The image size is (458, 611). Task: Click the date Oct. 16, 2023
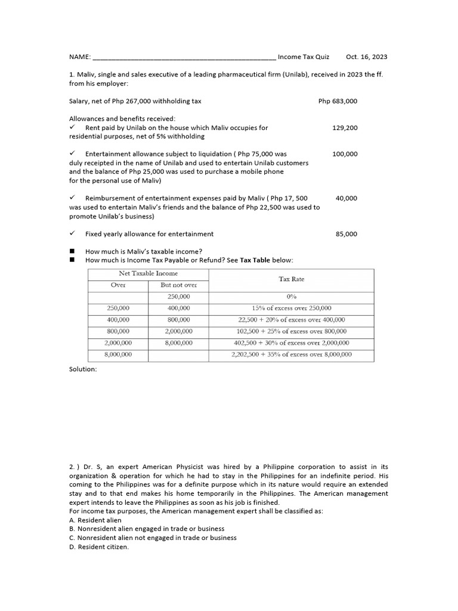pos(366,57)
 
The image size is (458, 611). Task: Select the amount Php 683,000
pos(338,101)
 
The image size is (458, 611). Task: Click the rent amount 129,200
pos(345,128)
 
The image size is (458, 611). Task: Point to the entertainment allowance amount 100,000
pos(345,154)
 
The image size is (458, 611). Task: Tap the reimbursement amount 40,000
pos(346,198)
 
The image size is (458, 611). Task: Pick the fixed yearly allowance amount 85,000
pos(346,234)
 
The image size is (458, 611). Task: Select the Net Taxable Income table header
pos(148,273)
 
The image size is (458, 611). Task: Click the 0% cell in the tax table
pos(291,297)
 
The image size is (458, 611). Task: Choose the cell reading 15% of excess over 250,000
pos(291,308)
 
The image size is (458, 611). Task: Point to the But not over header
pos(178,285)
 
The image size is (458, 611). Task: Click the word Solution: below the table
pos(83,369)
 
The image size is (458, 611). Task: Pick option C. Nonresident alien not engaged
pos(153,538)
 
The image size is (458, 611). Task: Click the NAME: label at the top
pos(80,57)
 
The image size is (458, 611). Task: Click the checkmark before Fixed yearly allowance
pos(72,234)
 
